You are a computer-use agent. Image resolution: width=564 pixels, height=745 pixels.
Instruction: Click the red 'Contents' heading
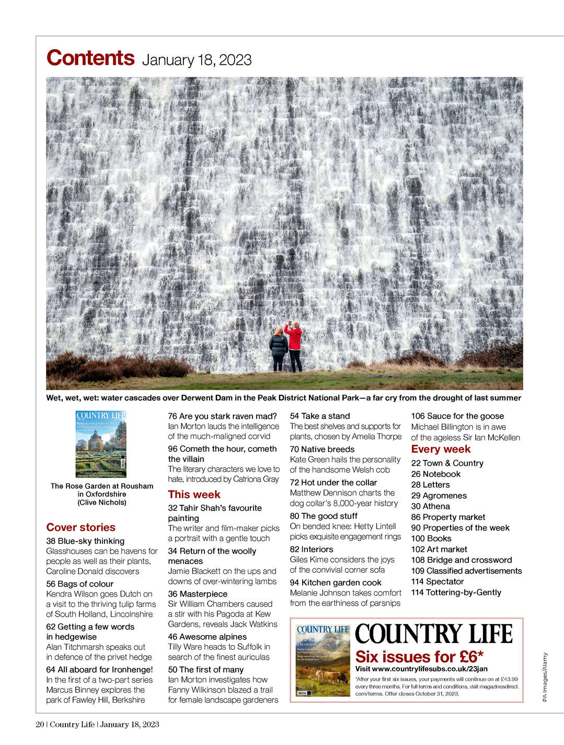click(x=90, y=58)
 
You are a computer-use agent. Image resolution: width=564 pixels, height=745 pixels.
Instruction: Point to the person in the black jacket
click(x=278, y=348)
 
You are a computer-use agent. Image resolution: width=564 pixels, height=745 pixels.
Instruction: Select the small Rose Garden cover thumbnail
click(x=101, y=444)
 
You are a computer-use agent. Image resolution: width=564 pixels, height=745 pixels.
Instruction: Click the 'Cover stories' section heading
click(x=80, y=527)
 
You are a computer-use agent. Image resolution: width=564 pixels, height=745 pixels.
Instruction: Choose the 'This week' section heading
click(x=194, y=494)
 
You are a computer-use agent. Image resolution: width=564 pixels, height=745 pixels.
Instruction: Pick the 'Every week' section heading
click(x=441, y=449)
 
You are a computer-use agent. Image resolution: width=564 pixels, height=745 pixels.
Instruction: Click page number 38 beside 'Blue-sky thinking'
click(x=51, y=541)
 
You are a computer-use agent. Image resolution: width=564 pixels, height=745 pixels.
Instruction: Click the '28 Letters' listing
click(x=430, y=484)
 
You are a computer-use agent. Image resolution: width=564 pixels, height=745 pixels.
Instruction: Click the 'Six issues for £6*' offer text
click(x=419, y=657)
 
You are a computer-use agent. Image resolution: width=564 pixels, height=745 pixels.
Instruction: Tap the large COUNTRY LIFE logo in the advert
click(x=433, y=634)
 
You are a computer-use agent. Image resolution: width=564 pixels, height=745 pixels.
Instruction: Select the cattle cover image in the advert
click(x=323, y=660)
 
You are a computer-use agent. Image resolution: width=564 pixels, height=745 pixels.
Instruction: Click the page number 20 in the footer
click(x=40, y=725)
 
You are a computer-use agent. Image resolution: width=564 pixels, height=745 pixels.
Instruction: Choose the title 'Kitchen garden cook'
click(x=341, y=582)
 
